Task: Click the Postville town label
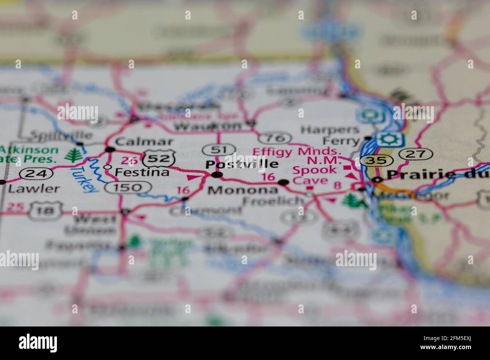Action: point(242,164)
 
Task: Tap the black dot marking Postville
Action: point(217,175)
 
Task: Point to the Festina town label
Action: point(142,172)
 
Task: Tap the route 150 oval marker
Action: point(129,187)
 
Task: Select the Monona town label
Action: point(243,190)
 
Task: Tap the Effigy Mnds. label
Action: point(297,152)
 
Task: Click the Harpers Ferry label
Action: point(330,135)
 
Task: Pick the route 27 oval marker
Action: point(416,153)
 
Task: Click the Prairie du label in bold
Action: point(438,174)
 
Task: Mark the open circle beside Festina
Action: point(108,167)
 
